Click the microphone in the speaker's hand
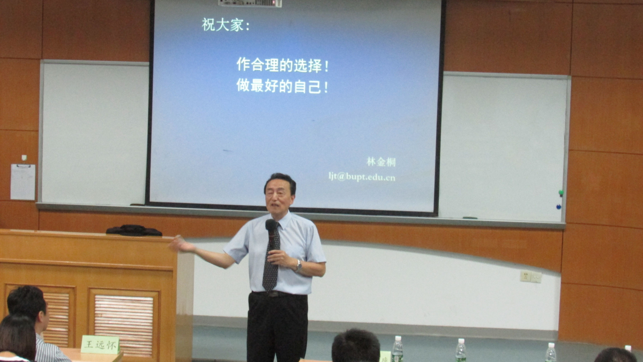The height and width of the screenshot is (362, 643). coord(271,233)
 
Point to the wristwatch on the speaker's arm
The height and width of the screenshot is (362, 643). coord(299,265)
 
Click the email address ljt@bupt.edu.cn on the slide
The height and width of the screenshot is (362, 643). coord(362,176)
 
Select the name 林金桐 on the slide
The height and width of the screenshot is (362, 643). coord(381,162)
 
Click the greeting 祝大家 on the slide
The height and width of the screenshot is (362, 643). coord(222,25)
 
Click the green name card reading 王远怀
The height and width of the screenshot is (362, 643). coord(100,344)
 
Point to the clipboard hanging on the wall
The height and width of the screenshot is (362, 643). coord(23,182)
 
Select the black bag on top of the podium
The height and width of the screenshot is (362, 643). coord(134,231)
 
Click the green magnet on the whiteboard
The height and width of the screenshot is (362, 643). coord(560,193)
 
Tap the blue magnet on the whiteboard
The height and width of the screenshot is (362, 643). coord(558,206)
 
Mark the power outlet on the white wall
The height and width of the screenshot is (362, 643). coord(531,276)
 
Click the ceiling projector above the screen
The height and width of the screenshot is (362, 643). coord(250,3)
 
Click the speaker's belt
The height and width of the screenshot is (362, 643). coord(277,294)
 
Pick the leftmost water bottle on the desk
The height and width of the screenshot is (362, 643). coord(398,349)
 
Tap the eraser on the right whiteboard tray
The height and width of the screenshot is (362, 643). coord(470,218)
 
